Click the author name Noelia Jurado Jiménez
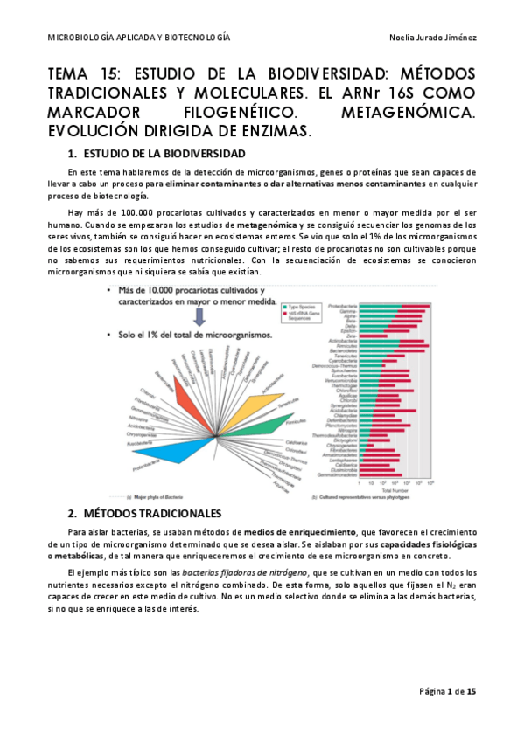[431, 37]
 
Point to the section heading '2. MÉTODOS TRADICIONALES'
[144, 513]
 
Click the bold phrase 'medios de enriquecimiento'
[300, 532]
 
